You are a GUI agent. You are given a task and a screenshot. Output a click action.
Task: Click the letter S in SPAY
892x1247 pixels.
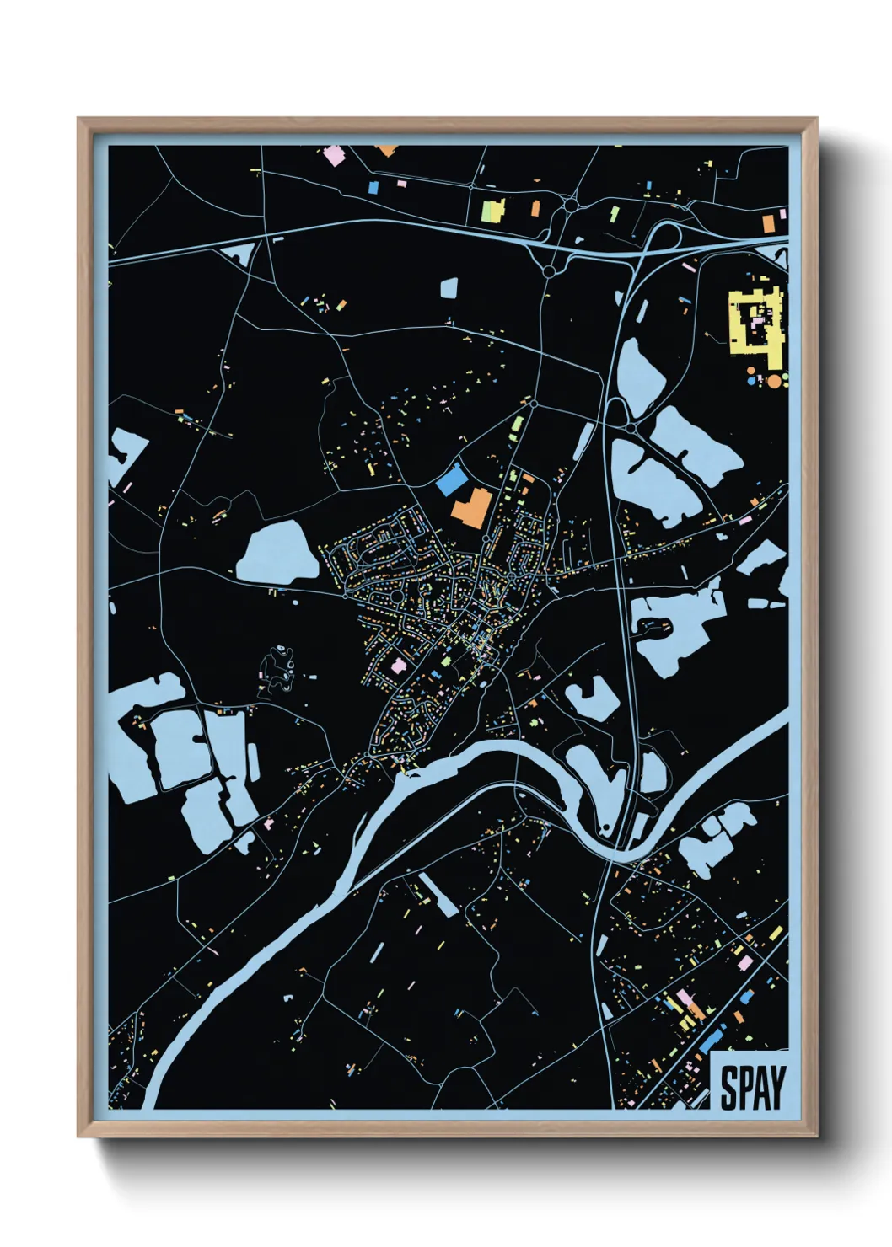(727, 1088)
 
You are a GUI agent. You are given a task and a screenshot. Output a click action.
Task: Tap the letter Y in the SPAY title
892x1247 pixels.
(776, 1088)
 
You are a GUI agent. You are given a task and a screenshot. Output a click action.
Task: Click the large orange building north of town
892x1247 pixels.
(471, 508)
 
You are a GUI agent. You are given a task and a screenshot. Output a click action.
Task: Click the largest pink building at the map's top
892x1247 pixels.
(334, 156)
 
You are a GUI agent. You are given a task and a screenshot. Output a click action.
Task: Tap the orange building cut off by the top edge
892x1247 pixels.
(386, 151)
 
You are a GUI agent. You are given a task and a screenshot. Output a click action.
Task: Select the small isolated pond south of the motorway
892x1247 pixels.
(449, 289)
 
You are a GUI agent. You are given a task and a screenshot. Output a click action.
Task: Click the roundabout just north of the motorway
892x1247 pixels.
(571, 204)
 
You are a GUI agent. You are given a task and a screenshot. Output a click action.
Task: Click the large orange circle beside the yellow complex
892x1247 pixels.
(773, 381)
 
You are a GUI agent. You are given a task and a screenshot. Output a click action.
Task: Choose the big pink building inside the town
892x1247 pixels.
(397, 666)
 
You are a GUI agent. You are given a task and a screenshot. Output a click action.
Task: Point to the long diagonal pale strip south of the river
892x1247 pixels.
(438, 894)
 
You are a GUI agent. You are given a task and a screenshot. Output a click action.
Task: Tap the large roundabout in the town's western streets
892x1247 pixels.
(396, 597)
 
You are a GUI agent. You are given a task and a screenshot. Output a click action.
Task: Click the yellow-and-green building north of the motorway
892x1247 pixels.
(492, 211)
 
